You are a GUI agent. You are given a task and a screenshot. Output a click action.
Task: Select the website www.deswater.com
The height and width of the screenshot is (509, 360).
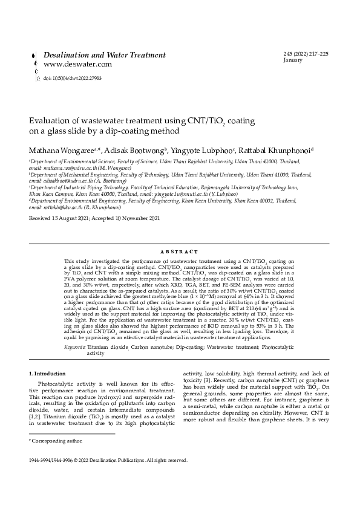point(77,64)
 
